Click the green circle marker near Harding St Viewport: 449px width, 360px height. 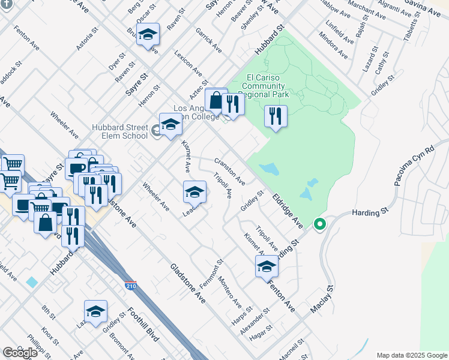point(320,225)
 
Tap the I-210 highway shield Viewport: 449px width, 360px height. point(130,284)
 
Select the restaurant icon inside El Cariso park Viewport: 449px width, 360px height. point(276,116)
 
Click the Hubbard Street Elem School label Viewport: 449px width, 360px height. point(119,131)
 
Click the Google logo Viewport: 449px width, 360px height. point(20,353)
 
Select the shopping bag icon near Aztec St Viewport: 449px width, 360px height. point(215,101)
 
